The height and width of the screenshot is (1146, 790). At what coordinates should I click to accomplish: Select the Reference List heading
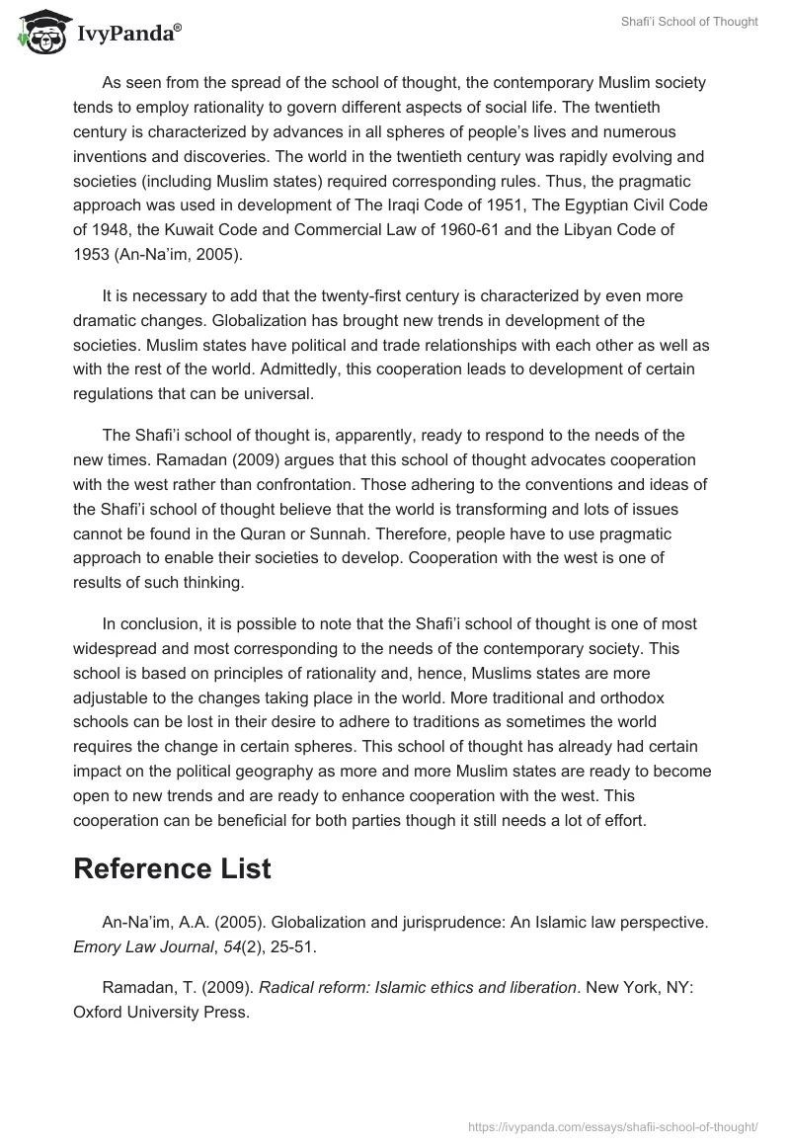[172, 868]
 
